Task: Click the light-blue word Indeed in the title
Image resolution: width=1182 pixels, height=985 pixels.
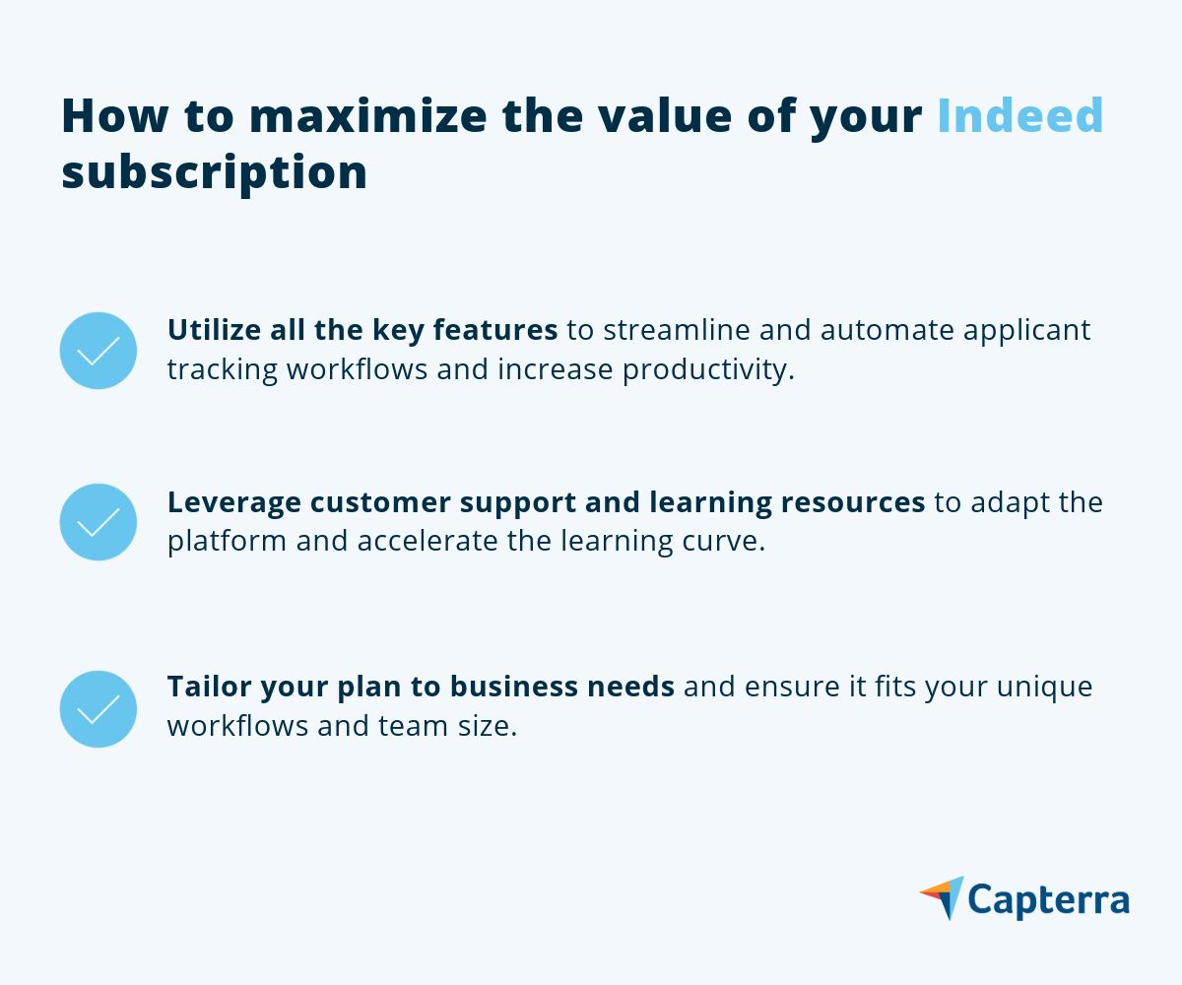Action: click(x=1020, y=115)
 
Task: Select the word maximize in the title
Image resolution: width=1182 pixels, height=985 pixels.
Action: click(x=368, y=115)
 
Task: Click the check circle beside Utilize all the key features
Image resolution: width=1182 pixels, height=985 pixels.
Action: click(x=98, y=351)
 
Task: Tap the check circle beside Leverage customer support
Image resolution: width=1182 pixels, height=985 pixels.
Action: click(x=98, y=522)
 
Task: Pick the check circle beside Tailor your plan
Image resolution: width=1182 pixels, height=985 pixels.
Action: click(x=98, y=709)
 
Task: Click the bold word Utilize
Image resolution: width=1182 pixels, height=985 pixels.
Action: click(x=214, y=329)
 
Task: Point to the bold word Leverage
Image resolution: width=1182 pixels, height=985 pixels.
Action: click(x=234, y=502)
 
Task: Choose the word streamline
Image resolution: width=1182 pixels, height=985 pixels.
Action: click(x=677, y=329)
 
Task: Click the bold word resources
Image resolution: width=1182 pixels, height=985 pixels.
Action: click(x=853, y=502)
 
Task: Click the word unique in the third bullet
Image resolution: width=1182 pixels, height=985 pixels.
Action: click(x=1044, y=688)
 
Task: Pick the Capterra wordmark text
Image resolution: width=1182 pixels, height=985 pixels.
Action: click(x=1048, y=900)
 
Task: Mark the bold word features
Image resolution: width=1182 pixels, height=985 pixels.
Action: click(x=495, y=329)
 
